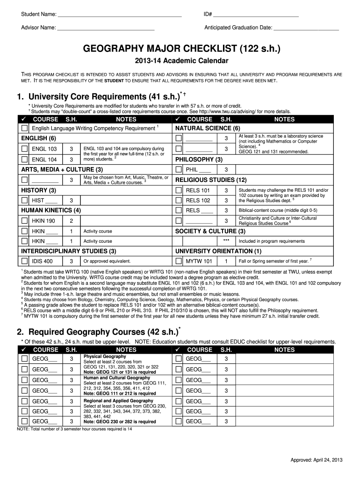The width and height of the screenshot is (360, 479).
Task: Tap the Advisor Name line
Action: (106, 28)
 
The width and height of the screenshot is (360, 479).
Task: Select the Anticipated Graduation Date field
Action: (306, 28)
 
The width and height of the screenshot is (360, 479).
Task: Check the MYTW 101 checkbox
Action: (178, 261)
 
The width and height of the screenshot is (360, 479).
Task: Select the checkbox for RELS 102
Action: (178, 200)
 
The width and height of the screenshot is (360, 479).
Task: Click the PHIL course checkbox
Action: (178, 169)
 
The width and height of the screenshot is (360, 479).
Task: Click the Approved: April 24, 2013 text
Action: (317, 460)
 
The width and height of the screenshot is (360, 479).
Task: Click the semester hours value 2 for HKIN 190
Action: (71, 221)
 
